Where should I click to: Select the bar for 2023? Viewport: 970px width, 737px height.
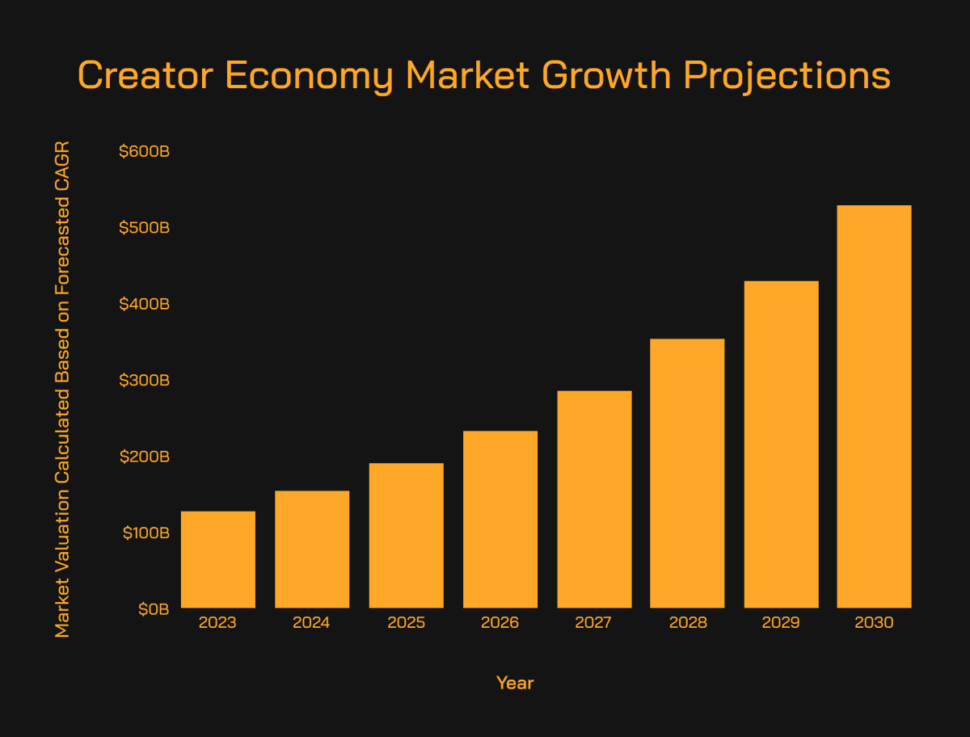218,559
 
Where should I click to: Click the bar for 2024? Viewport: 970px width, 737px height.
312,550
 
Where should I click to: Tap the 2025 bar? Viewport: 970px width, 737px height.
406,536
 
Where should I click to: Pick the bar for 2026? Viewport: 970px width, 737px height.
500,520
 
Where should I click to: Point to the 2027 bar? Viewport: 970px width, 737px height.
594,499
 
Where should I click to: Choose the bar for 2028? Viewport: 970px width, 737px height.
687,474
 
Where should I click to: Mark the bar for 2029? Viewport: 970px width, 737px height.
782,444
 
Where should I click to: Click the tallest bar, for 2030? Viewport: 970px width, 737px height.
874,406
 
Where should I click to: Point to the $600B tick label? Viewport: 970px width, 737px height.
144,151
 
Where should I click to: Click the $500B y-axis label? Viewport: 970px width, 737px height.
144,228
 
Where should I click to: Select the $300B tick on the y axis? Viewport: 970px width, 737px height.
144,380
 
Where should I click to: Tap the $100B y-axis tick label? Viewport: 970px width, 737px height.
145,533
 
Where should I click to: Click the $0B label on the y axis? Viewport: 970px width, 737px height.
154,609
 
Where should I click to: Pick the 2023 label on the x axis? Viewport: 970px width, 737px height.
217,622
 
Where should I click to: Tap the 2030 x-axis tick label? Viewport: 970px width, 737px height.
874,622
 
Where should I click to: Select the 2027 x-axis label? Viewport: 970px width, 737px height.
593,622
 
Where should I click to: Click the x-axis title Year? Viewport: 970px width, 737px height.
515,683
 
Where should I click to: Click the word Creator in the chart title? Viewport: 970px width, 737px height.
145,75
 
